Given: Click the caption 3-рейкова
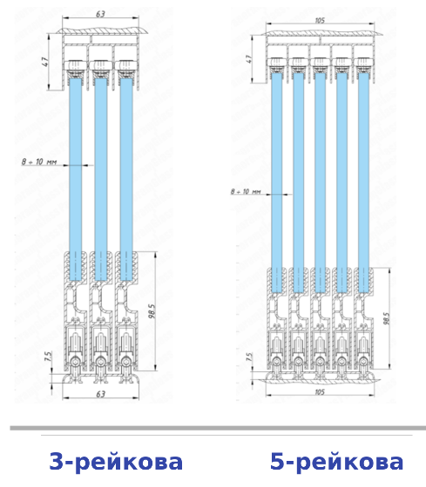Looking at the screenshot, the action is click(x=116, y=462).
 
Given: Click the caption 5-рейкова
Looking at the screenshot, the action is click(x=336, y=462).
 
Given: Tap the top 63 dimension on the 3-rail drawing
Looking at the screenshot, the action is click(x=100, y=14).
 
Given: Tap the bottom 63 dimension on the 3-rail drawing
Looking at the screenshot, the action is click(x=100, y=394).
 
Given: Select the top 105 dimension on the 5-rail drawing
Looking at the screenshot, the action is click(x=320, y=21).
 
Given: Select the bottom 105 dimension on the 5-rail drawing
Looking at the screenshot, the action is click(x=320, y=392).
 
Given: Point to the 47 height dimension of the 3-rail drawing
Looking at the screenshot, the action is click(x=45, y=62).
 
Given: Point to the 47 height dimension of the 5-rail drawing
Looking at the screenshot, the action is click(x=248, y=59).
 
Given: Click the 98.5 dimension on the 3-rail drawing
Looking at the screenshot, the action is click(x=152, y=311).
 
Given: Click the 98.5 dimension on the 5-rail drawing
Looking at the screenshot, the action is click(x=386, y=318).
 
